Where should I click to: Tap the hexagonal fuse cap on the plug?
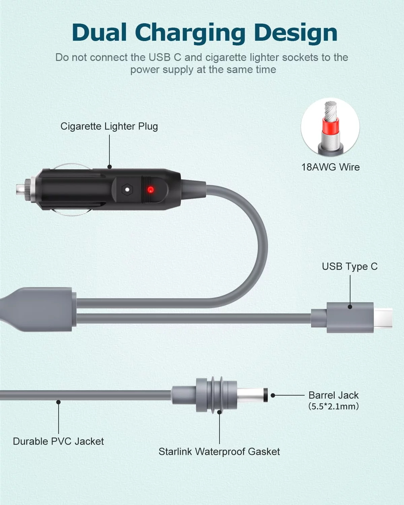127,189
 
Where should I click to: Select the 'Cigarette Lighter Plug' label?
109,126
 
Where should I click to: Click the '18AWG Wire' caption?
330,167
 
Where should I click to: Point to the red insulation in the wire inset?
330,125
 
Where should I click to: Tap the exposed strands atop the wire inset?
331,110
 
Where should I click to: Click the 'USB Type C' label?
349,266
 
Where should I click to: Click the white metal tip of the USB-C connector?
383,318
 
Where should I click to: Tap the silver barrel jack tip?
251,395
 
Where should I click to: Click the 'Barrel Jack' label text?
334,395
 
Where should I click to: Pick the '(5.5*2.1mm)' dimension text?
334,406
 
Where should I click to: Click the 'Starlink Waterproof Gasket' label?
219,451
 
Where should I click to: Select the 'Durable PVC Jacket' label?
58,441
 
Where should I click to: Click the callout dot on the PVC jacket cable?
59,402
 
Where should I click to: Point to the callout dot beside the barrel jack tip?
273,395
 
